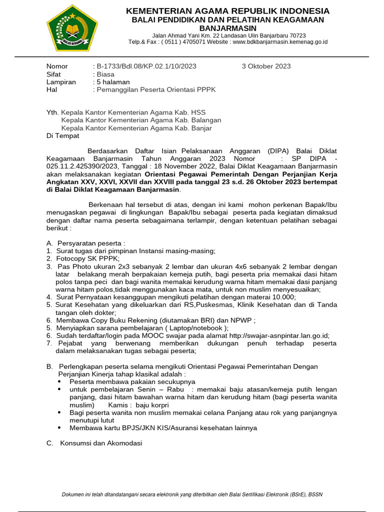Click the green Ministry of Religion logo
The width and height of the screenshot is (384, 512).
pyautogui.click(x=72, y=28)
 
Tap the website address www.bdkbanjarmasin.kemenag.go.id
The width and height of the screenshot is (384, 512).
pyautogui.click(x=280, y=42)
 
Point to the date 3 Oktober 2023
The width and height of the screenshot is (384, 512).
pyautogui.click(x=266, y=66)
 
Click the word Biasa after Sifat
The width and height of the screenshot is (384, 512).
pyautogui.click(x=105, y=74)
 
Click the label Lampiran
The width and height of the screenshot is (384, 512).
pyautogui.click(x=61, y=82)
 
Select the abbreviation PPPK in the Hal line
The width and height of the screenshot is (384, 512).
pyautogui.click(x=206, y=89)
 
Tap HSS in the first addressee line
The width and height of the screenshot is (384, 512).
pyautogui.click(x=198, y=112)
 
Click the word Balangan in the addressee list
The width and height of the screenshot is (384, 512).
pyautogui.click(x=206, y=120)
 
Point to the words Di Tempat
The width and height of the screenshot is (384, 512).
pyautogui.click(x=62, y=136)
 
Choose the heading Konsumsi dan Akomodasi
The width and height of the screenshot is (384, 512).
pyautogui.click(x=101, y=443)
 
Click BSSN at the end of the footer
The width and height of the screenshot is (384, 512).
pyautogui.click(x=315, y=494)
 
